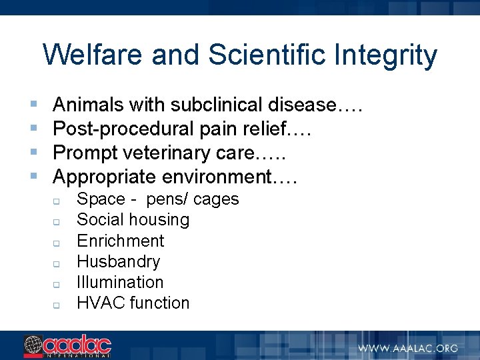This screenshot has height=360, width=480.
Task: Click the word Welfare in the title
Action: (93, 55)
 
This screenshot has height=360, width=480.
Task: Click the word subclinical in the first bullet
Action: (218, 105)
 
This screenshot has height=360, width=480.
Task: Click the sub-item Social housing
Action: (133, 220)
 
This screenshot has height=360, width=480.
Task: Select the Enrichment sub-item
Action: (120, 241)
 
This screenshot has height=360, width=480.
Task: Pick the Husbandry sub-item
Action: (118, 261)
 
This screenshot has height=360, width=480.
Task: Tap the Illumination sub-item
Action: (120, 282)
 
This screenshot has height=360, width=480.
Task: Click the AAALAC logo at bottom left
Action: (67, 346)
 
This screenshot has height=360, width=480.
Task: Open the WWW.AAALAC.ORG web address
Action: (407, 347)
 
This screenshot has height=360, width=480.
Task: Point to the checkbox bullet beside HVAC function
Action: (57, 305)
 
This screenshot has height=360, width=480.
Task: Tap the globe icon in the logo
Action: (33, 345)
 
